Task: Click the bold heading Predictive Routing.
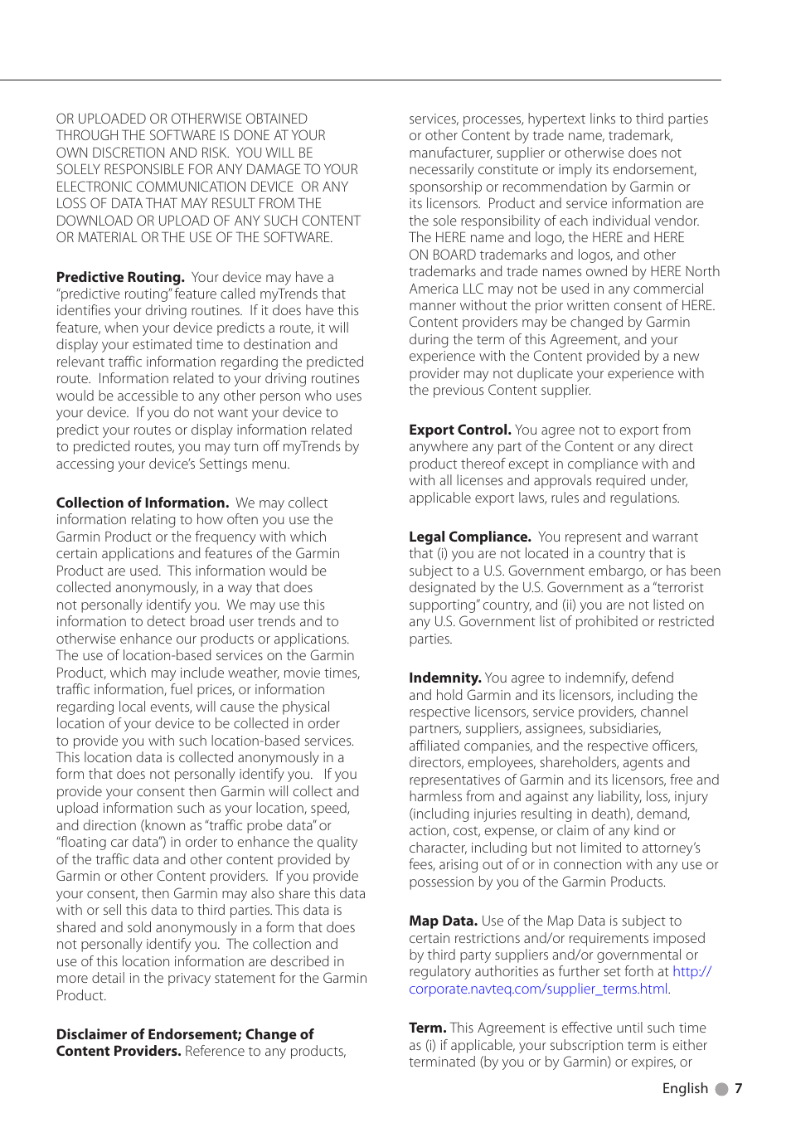120,277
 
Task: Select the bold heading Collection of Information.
142,503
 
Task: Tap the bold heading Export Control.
459,430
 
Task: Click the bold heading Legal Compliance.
469,537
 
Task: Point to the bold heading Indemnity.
444,678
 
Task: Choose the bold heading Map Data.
443,921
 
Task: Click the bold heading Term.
427,1028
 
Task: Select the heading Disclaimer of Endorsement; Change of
185,1034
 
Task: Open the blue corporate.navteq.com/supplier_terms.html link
538,989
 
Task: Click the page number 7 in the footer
738,1088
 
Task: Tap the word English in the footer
685,1088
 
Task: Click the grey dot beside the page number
721,1089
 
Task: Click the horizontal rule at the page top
360,80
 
